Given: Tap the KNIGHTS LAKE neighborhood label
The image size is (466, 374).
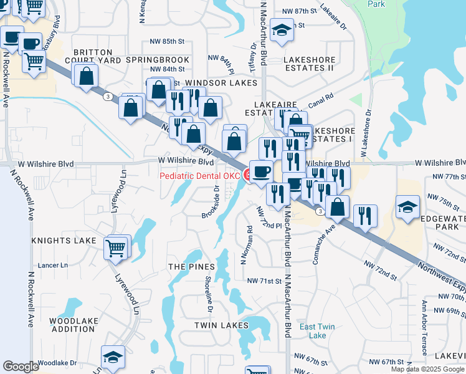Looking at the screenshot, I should tap(64, 241).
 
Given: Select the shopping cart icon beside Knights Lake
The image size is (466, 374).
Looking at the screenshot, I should tap(116, 247).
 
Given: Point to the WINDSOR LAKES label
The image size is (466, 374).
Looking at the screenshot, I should tap(221, 83).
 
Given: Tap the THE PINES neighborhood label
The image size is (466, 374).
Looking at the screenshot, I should tap(187, 266).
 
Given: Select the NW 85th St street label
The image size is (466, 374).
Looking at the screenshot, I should tap(168, 42).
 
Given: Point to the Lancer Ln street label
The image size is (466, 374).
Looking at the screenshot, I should tap(53, 265).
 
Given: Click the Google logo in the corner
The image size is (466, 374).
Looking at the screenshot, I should tap(21, 367).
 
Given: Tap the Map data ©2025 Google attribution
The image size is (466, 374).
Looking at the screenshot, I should tap(427, 369).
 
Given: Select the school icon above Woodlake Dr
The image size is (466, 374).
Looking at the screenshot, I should tap(113, 357).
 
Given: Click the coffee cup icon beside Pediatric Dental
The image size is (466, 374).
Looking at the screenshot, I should tap(261, 171).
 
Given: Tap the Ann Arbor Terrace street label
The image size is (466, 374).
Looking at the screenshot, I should tap(424, 319).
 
